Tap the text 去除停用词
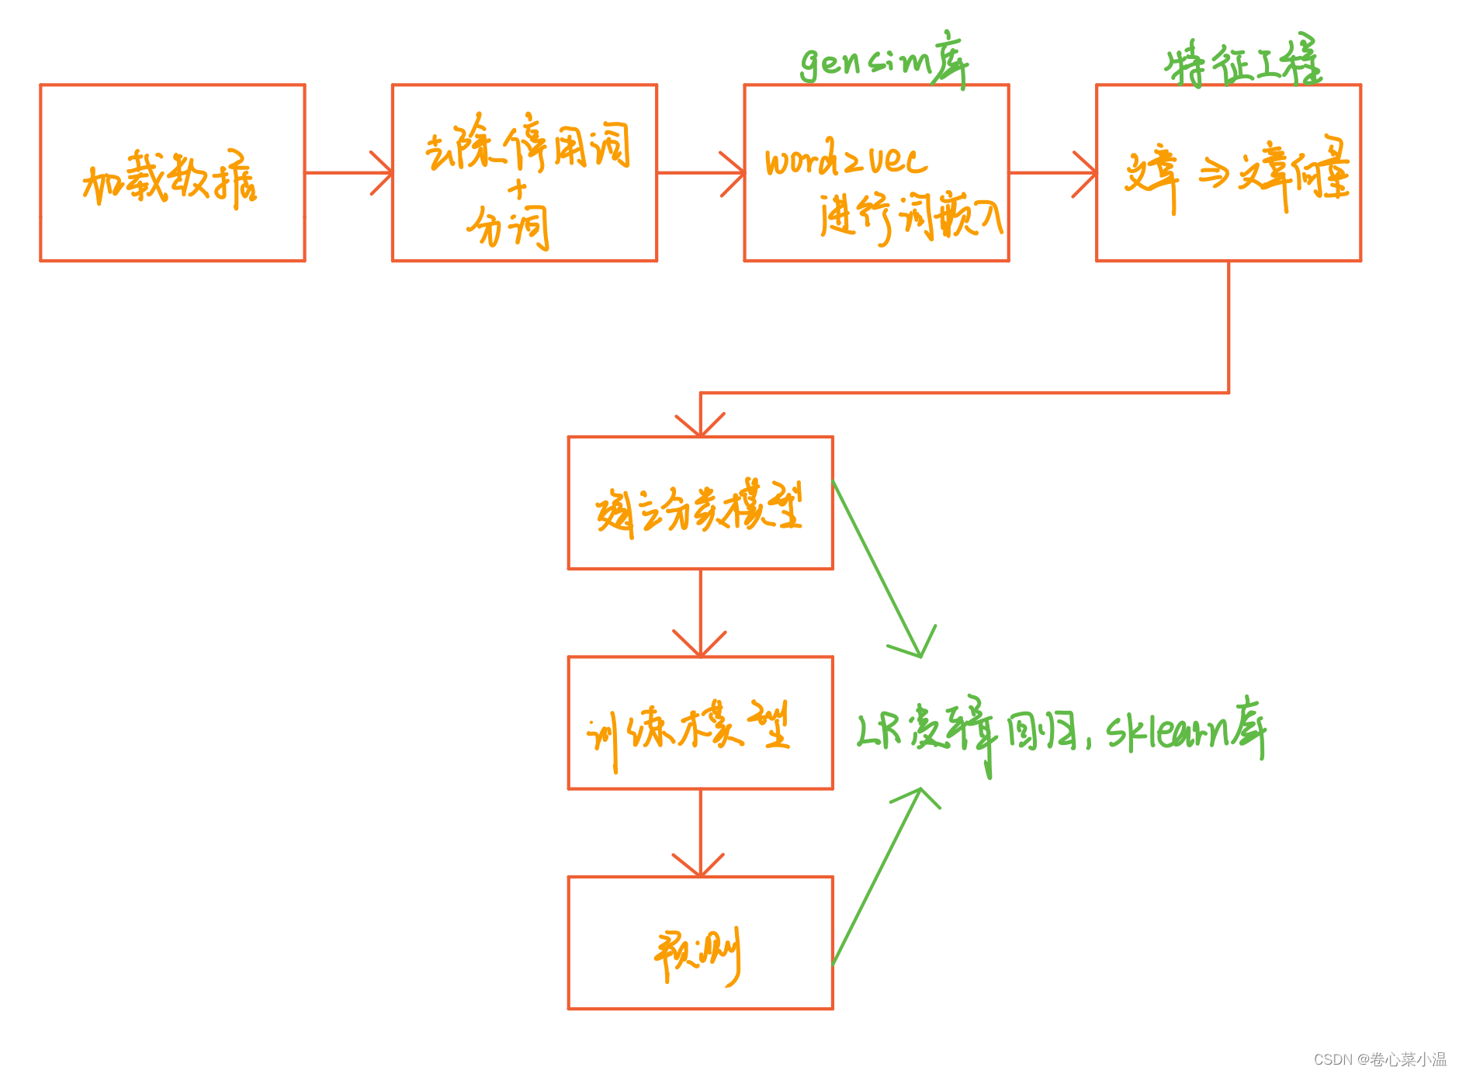pyautogui.click(x=527, y=146)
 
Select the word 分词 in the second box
pyautogui.click(x=509, y=227)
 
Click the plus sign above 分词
pyautogui.click(x=517, y=189)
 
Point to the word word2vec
pyautogui.click(x=845, y=161)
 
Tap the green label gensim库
pyautogui.click(x=884, y=61)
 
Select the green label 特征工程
pyautogui.click(x=1242, y=62)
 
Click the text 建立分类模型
pyautogui.click(x=699, y=508)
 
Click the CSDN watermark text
pyautogui.click(x=1379, y=1059)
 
